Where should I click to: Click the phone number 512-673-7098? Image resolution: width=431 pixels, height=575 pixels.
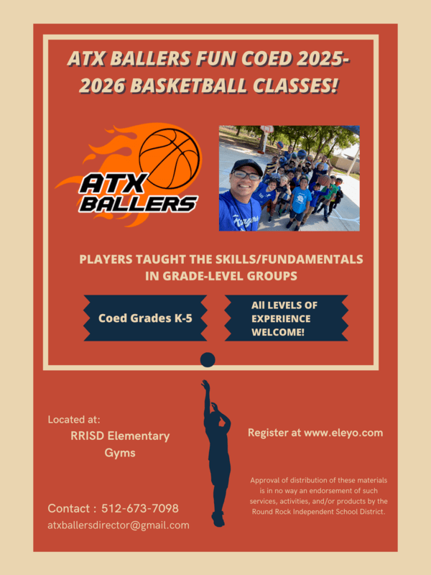pos(140,508)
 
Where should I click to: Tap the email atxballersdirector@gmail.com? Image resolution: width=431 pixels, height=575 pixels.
pos(119,525)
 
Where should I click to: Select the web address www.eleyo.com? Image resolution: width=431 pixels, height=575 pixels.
pos(343,433)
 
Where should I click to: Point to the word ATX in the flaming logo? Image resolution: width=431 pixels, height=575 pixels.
pos(113,184)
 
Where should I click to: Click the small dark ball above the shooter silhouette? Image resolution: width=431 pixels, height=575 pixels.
pos(208,360)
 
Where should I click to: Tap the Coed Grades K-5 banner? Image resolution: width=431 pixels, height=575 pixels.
pos(145,318)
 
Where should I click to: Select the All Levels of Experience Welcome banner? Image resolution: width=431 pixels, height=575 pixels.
pos(286,318)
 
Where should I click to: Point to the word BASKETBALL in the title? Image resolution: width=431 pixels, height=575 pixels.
pos(188,86)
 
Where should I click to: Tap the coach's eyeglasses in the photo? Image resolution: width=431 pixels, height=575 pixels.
pos(246,175)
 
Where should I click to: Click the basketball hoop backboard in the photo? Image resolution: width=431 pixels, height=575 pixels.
pos(267,129)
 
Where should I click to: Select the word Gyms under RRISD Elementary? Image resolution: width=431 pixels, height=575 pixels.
pos(120,453)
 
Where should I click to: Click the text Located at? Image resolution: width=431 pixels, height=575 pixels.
pos(74,419)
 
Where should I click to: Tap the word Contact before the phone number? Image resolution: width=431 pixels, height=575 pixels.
pos(69,508)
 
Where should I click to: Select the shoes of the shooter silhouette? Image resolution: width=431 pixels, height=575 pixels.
pos(218,519)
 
